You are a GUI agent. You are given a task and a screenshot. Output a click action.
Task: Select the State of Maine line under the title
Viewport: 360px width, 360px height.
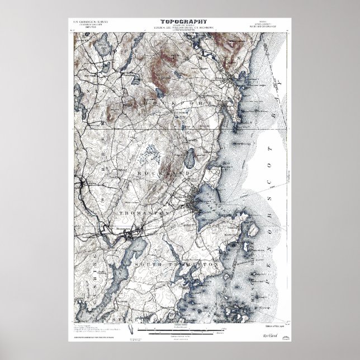[x=180, y=26]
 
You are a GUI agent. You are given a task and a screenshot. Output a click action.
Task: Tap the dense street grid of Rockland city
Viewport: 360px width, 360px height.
[x=194, y=200]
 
